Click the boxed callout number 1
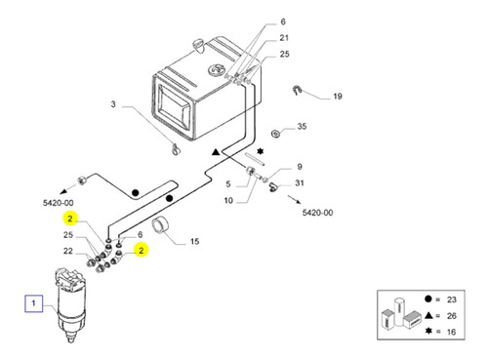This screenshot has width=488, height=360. pos(33,303)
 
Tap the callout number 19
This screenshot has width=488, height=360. pos(338,97)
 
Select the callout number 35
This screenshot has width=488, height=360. pos(302,126)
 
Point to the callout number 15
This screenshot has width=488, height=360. pos(194,241)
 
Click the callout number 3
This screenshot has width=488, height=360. pos(113,104)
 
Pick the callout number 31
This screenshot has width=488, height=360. pos(300,183)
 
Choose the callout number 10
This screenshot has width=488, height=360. pos(228,200)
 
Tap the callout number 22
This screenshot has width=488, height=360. pos(68,251)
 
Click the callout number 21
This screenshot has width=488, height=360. pos(284,38)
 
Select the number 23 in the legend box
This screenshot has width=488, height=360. pos(452,300)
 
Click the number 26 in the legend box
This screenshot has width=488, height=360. pos(452,315)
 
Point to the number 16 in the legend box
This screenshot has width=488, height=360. pos(451,332)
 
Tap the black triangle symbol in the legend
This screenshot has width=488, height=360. pos(428,315)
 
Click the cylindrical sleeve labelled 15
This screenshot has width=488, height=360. pos(160,225)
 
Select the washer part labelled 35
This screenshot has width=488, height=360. pos(276,134)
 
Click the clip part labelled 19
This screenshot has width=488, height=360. pos(297,90)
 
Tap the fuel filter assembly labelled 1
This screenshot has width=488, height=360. pos(71,304)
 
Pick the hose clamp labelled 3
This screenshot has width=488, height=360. pos(175,149)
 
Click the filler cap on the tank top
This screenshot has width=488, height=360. pos(197,45)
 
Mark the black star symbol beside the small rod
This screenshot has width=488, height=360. pos(261,151)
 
